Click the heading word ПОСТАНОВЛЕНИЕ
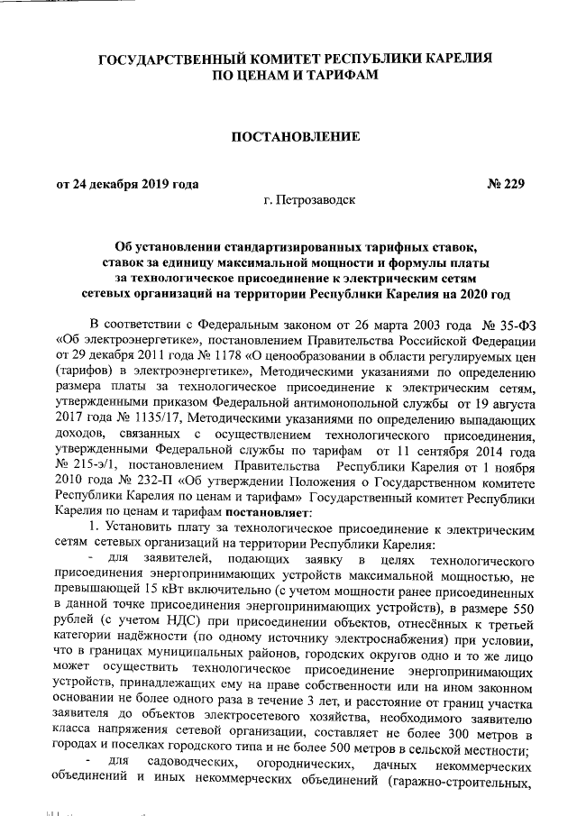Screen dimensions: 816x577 pyautogui.click(x=296, y=137)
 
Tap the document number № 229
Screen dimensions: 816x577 pyautogui.click(x=505, y=185)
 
